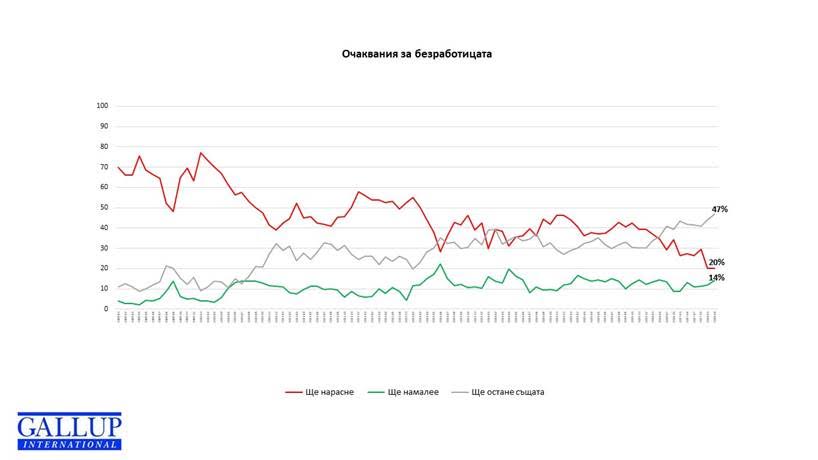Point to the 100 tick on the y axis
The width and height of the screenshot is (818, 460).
tap(102, 106)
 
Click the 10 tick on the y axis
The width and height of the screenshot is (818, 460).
tap(103, 289)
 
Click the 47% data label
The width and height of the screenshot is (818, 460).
tap(719, 209)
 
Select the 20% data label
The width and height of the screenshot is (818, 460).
tap(717, 262)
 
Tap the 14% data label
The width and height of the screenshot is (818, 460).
tap(717, 278)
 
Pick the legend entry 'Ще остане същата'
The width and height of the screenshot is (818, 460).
tap(512, 392)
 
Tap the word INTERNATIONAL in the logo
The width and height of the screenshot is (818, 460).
tap(68, 444)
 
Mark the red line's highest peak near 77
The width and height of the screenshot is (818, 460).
tap(201, 153)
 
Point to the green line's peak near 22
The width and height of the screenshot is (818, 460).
tap(440, 264)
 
